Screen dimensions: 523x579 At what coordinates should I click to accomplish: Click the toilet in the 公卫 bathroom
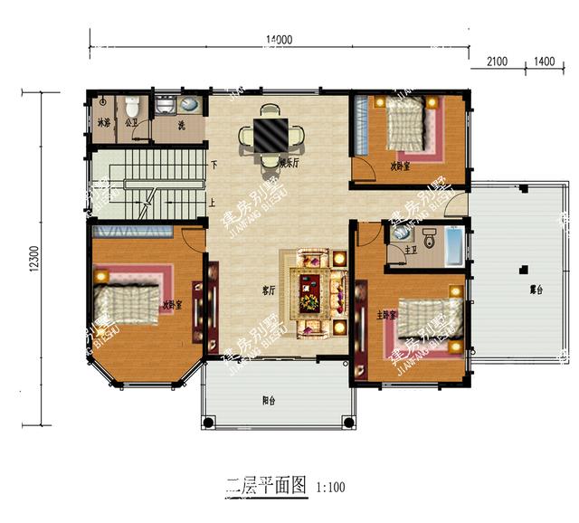click(132, 103)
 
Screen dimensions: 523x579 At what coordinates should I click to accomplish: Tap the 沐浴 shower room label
click(102, 122)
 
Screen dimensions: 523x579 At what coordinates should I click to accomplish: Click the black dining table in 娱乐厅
click(270, 136)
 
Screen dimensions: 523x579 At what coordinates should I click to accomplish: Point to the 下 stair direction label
click(214, 165)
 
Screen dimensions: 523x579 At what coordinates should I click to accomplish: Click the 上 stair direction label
click(213, 203)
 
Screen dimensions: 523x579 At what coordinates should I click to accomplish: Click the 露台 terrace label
click(536, 290)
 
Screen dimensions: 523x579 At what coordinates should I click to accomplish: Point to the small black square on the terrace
click(521, 268)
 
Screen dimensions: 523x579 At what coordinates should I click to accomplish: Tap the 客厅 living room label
click(269, 290)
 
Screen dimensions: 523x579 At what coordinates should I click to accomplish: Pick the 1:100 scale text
click(331, 488)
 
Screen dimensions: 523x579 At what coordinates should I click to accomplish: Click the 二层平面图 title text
click(267, 486)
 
